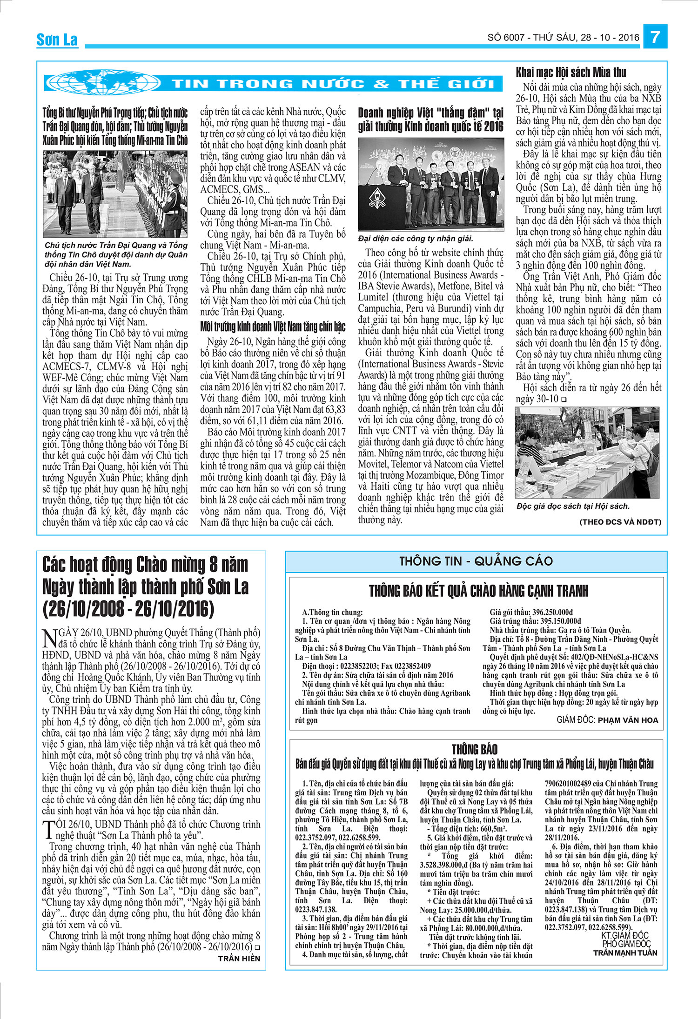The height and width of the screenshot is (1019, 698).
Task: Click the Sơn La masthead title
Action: click(x=57, y=40)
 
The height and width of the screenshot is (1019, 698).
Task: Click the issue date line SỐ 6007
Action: click(x=563, y=38)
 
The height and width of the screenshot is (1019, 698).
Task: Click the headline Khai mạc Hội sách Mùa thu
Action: click(x=571, y=73)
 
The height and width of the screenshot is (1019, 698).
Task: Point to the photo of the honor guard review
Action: click(x=115, y=193)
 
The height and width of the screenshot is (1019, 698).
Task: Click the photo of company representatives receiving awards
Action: click(x=430, y=184)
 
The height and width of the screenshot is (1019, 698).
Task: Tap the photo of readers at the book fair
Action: click(x=587, y=453)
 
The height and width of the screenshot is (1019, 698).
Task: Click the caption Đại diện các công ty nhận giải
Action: click(x=416, y=239)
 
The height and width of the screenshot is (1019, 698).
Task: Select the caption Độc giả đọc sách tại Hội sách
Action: click(x=573, y=506)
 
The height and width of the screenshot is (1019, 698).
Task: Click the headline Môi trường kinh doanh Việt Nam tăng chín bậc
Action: click(x=273, y=327)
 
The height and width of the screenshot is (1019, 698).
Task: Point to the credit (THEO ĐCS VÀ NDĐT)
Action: click(x=620, y=522)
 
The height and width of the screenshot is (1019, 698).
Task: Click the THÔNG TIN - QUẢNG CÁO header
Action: click(x=476, y=561)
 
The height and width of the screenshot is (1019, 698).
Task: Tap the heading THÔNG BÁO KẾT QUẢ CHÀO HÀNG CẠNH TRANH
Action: click(x=478, y=591)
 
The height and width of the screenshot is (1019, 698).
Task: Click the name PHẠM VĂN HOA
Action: click(x=628, y=720)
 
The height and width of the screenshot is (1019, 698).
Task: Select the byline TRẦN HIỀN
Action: click(x=239, y=958)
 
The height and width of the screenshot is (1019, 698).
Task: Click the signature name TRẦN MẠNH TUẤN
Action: click(x=625, y=952)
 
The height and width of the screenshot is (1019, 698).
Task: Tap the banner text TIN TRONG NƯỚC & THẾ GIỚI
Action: click(x=333, y=84)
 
